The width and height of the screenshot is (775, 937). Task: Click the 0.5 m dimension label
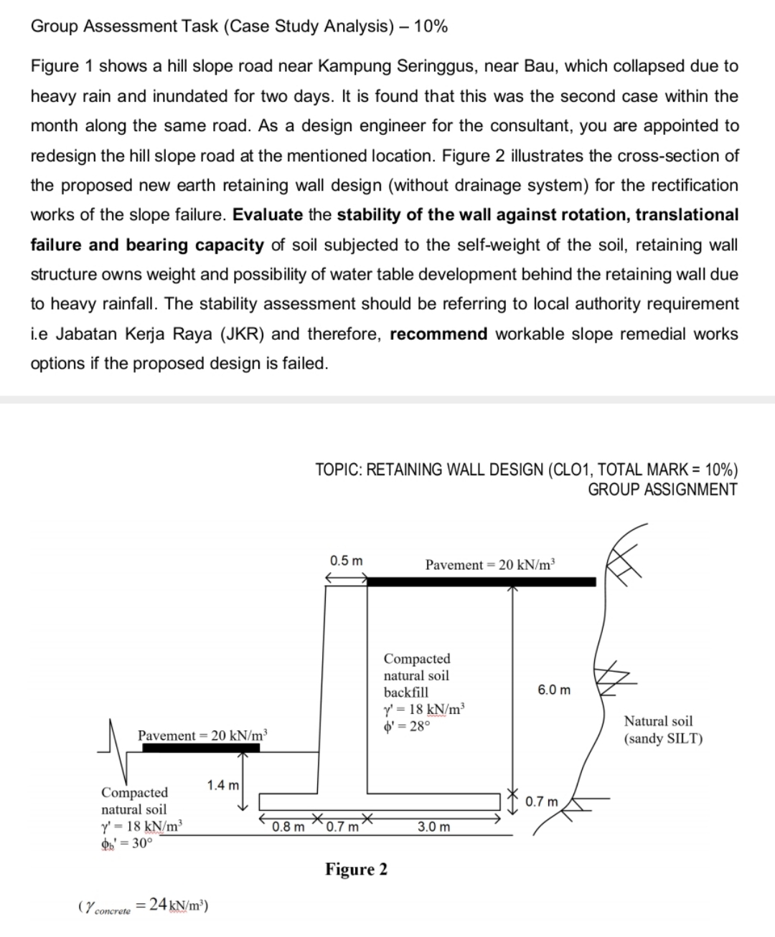[346, 559]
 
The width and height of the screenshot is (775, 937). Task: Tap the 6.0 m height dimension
[554, 690]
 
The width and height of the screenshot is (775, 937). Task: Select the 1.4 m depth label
[223, 785]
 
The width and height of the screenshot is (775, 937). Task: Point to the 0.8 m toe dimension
[288, 827]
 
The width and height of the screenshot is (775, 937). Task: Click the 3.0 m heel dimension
[434, 827]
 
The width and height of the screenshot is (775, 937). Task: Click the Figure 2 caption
[356, 870]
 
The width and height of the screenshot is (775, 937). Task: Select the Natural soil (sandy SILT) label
[663, 730]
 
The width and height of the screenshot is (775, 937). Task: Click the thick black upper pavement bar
[481, 581]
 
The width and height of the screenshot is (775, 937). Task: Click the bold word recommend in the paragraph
[438, 334]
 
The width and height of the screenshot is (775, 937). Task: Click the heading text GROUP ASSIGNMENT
[662, 490]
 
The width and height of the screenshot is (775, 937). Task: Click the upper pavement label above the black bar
[490, 564]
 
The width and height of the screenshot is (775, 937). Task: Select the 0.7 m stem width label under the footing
[342, 827]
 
